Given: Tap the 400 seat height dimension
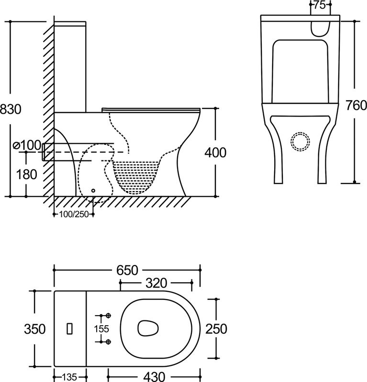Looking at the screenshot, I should click(x=215, y=152).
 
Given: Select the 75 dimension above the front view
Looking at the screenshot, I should click(x=320, y=5).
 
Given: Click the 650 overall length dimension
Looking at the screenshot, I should click(x=126, y=270).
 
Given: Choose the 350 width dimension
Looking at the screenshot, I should click(x=35, y=329).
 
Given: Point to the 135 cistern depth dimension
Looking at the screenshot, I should click(x=69, y=376).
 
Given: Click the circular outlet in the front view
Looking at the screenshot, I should click(x=300, y=141).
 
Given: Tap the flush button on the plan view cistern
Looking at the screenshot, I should click(x=70, y=329).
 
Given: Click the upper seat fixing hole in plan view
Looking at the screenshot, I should click(x=108, y=316).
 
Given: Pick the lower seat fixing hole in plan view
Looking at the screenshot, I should click(x=108, y=341).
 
